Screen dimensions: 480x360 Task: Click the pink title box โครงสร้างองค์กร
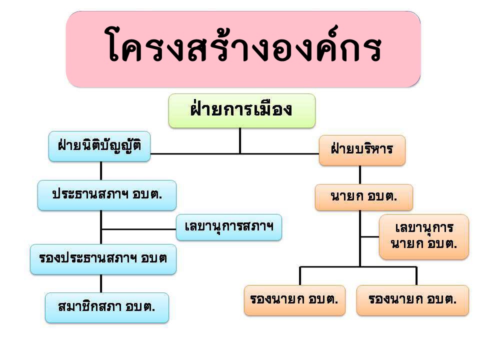pyautogui.click(x=243, y=49)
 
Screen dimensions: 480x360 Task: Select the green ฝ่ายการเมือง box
pyautogui.click(x=242, y=110)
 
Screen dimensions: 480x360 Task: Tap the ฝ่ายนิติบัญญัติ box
pyautogui.click(x=99, y=146)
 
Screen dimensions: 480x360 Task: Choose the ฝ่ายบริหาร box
pyautogui.click(x=362, y=150)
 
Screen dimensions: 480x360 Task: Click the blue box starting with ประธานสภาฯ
pyautogui.click(x=107, y=195)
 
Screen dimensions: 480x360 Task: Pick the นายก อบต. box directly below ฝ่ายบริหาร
pyautogui.click(x=364, y=197)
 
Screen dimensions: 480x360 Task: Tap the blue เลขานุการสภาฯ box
pyautogui.click(x=229, y=227)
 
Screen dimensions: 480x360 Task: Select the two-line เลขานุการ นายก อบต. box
pyautogui.click(x=424, y=236)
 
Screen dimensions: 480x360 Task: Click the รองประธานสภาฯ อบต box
pyautogui.click(x=103, y=259)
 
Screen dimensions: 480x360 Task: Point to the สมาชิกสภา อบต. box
pyautogui.click(x=107, y=307)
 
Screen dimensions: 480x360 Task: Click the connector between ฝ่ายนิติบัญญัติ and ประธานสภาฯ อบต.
pyautogui.click(x=101, y=171)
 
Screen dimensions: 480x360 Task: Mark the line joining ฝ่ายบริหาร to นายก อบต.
pyautogui.click(x=360, y=175)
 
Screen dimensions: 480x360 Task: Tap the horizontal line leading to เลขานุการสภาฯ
pyautogui.click(x=138, y=229)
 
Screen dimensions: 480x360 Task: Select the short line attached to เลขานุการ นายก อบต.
pyautogui.click(x=370, y=236)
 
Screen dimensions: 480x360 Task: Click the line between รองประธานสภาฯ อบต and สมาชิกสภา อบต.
pyautogui.click(x=101, y=283)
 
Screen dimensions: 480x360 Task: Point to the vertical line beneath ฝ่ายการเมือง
pyautogui.click(x=240, y=140)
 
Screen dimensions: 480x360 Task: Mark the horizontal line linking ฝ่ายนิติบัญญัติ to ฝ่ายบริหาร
pyautogui.click(x=234, y=153)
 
